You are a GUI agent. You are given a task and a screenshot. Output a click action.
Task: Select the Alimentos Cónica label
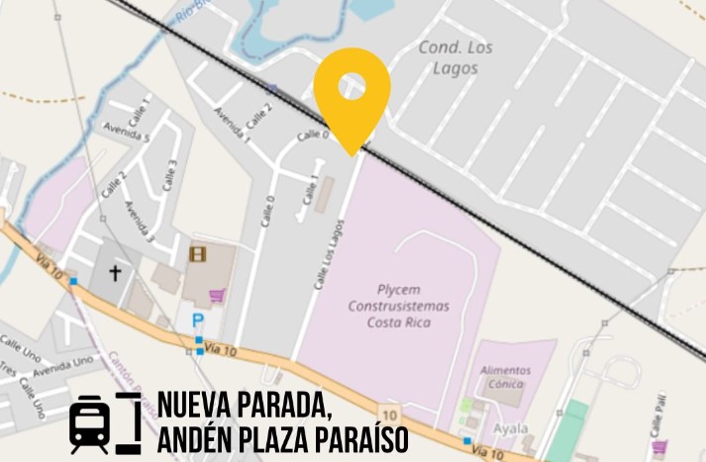coord(505,377)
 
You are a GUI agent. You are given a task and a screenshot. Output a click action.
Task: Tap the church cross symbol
coord(115,272)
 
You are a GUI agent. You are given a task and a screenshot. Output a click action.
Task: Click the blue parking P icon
coord(198,321)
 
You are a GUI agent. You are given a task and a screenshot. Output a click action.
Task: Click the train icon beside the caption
coord(90,423)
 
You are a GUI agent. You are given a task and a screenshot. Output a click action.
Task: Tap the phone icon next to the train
coord(128,422)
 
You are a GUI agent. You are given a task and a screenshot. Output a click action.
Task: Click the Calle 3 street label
coord(170,175)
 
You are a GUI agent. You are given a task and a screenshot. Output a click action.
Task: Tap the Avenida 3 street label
coord(139,221)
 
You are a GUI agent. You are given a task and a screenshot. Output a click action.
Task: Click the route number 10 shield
coord(390,414)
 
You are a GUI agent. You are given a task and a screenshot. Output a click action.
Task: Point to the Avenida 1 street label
coord(232,128)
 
